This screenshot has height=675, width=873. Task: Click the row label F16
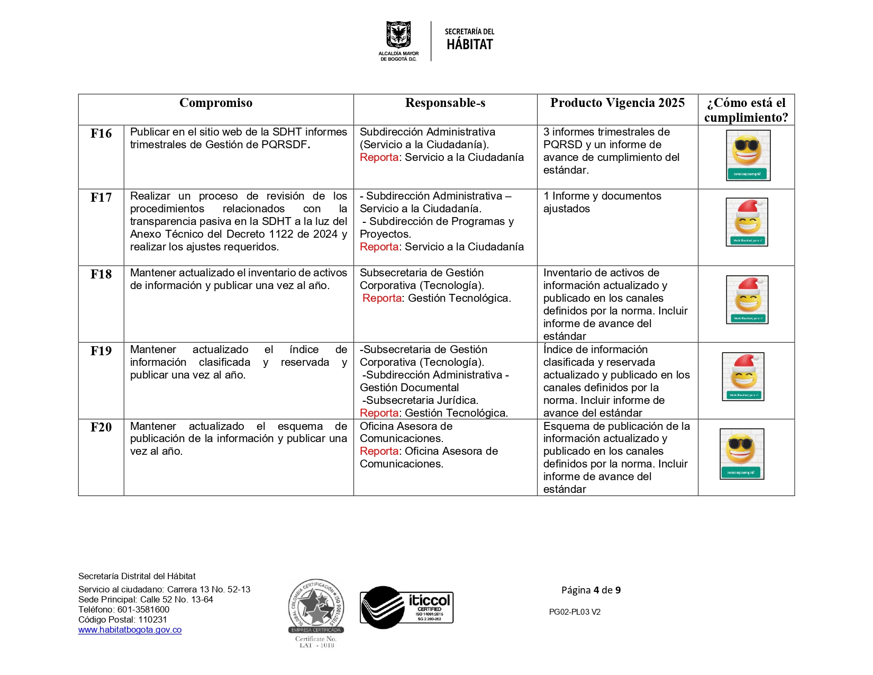pos(101,133)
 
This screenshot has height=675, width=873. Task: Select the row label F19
pos(101,351)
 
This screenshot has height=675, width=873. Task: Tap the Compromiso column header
pos(216,103)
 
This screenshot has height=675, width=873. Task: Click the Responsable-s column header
pos(445,103)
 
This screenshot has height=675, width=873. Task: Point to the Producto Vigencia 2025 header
pos(617,103)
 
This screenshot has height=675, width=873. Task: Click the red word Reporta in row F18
pos(382,299)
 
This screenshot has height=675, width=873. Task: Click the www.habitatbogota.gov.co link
pos(130,630)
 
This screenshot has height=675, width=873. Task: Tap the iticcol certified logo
pos(406,607)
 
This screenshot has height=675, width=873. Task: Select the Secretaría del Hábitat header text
pos(469,40)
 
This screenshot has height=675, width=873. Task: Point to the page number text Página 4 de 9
pos(591,590)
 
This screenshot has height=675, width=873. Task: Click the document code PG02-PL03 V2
pos(575,612)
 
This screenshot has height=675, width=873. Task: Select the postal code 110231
pos(152,620)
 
